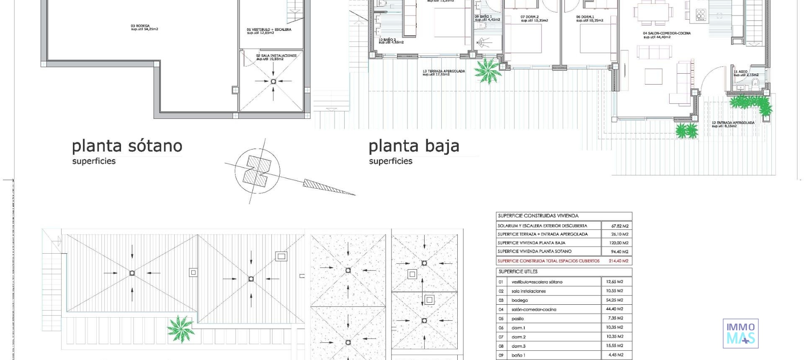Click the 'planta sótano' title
tap(127, 146)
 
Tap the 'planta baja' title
tap(414, 146)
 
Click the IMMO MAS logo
tap(740, 333)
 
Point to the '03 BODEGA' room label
tap(144, 27)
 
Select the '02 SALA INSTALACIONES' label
tap(276, 57)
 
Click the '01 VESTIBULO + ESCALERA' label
tap(269, 31)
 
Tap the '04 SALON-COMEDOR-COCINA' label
tap(667, 35)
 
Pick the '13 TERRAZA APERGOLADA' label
tap(443, 73)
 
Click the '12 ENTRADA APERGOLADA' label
tap(733, 124)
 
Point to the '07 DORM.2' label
tap(534, 18)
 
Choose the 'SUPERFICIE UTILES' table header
tap(518, 272)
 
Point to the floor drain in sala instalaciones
tap(273, 82)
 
